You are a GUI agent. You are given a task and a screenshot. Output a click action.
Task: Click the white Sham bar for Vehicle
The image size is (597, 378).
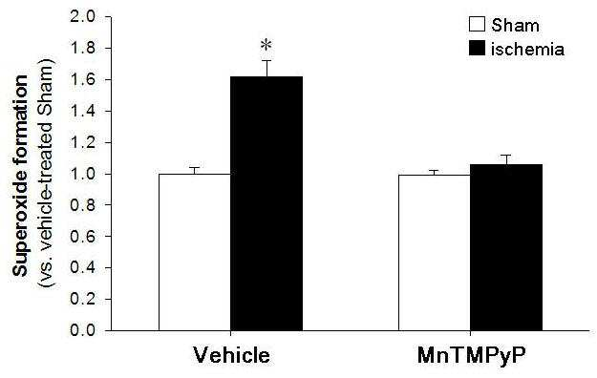(195, 252)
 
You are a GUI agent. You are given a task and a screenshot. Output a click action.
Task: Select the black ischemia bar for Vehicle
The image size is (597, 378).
(267, 203)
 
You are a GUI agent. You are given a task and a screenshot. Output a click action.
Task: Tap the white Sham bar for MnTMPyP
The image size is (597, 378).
(435, 253)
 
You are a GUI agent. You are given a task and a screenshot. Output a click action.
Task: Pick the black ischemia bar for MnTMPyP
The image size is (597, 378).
(506, 247)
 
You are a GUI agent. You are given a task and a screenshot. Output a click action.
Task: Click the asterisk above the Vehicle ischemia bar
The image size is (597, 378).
(267, 46)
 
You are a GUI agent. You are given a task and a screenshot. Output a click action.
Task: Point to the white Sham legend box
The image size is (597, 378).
(477, 24)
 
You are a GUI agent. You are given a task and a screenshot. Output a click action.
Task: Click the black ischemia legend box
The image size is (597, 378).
(477, 49)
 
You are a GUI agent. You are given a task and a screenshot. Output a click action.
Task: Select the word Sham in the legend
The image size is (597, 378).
(515, 25)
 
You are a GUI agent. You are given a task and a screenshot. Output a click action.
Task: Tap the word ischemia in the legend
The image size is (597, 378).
(527, 49)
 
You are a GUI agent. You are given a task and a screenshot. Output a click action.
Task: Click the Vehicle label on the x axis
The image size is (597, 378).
(231, 355)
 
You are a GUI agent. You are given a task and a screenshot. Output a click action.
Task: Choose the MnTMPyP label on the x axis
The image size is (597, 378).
(471, 355)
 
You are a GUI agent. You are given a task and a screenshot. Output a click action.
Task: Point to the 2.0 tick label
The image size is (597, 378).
(82, 17)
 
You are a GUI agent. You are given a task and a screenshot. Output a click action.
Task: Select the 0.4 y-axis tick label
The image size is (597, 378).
(82, 268)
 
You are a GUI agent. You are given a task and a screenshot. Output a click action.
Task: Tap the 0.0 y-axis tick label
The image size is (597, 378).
(82, 330)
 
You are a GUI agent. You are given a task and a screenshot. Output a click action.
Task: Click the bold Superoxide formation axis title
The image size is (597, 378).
(20, 175)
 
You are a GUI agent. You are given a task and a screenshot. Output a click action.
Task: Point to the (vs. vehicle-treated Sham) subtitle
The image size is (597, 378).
(47, 173)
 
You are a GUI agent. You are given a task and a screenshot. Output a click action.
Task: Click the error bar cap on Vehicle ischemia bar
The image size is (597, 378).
(267, 60)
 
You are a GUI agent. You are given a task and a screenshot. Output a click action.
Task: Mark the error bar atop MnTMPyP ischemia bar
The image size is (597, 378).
(506, 159)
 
